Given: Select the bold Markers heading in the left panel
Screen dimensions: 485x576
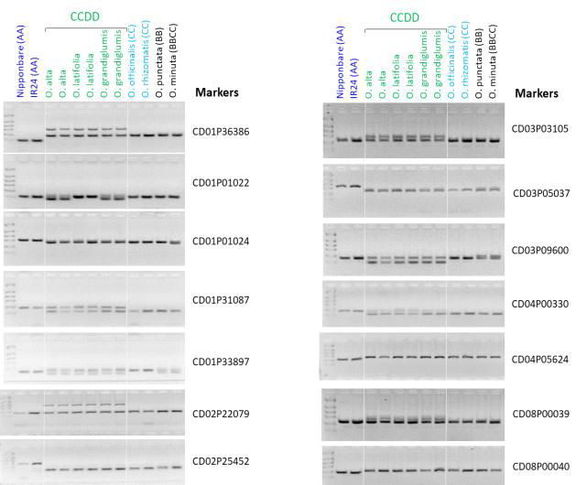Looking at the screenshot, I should [x=217, y=93].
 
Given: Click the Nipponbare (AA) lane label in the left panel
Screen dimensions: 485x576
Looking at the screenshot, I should [x=21, y=61].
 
